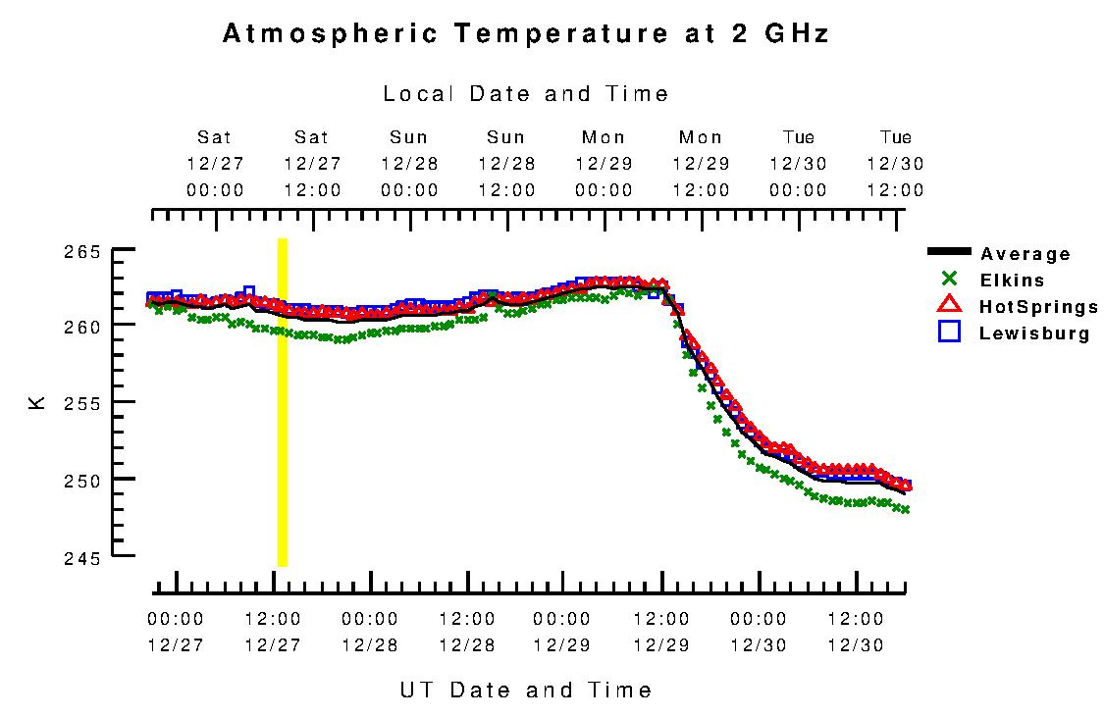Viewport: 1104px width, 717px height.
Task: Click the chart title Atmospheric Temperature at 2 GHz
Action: pos(526,34)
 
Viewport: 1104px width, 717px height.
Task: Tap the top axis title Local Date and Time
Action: pos(526,94)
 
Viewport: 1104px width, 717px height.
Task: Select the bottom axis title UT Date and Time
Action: pos(526,690)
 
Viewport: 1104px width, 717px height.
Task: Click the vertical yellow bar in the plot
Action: pos(283,402)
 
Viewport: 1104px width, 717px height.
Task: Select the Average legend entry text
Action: pos(1025,255)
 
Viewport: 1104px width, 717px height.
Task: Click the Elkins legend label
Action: pos(1012,281)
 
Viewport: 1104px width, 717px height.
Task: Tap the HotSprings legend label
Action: pos(1038,307)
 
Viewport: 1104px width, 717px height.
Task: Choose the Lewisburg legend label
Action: pos(1034,333)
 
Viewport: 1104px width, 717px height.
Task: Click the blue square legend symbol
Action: pos(949,333)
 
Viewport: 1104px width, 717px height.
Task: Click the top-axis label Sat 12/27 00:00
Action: pos(215,164)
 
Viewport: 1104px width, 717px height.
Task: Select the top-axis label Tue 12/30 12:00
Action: pos(895,164)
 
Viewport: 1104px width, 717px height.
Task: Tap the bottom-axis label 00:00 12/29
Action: pos(562,633)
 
